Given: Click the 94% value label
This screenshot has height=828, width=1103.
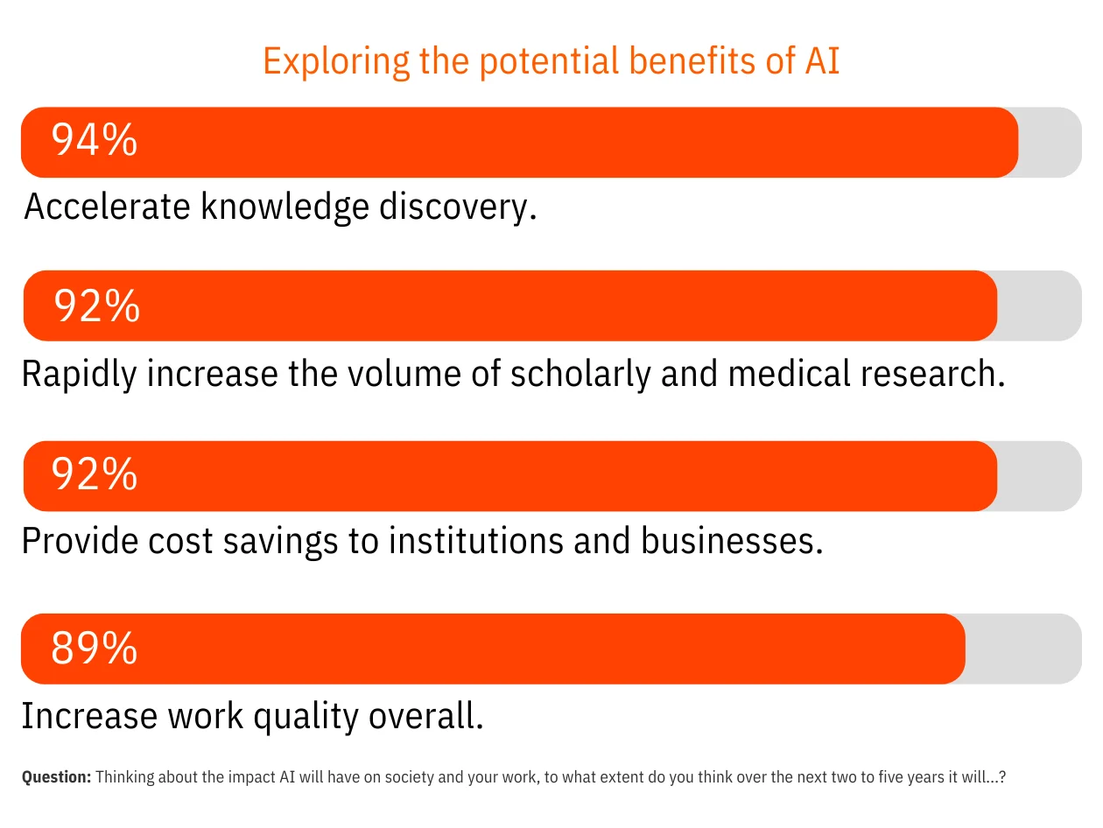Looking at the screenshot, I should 95,141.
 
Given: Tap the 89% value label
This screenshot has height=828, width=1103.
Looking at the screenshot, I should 95,649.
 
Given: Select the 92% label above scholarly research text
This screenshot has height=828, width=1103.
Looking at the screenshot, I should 97,305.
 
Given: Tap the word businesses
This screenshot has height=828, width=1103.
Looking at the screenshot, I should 732,541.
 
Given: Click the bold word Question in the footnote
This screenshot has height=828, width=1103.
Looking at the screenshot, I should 56,776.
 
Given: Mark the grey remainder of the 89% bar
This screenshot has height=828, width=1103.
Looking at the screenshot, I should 1022,649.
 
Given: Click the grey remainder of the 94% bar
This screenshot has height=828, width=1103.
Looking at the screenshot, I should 1050,142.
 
